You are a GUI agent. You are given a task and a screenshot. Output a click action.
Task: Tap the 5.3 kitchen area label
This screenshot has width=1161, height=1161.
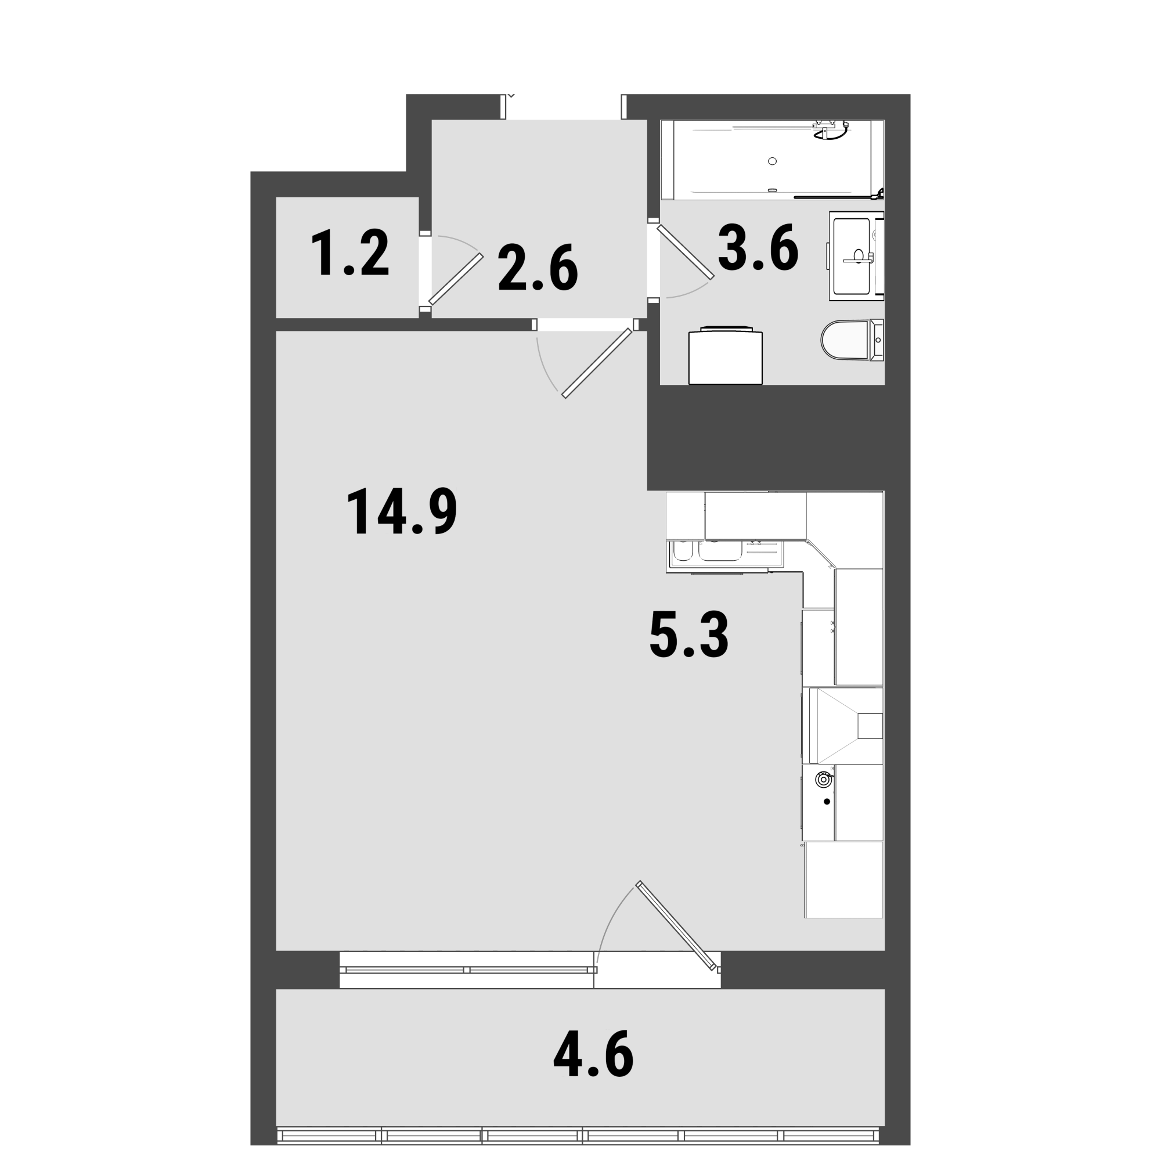689,634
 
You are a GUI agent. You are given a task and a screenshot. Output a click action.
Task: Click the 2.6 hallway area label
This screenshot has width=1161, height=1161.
538,268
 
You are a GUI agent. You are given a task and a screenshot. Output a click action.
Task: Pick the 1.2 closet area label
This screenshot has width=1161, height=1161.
351,254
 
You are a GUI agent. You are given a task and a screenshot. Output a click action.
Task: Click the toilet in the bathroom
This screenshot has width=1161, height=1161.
852,340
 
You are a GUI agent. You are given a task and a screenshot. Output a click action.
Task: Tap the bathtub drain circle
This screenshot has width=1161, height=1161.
772,161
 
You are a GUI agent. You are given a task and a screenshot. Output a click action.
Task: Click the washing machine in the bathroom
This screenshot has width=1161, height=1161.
725,356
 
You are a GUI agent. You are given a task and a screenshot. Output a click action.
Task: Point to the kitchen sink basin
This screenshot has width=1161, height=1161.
718,551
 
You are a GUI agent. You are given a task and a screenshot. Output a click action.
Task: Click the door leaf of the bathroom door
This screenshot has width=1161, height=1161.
686,253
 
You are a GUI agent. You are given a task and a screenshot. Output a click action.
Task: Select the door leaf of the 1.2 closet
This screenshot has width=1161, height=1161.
456,279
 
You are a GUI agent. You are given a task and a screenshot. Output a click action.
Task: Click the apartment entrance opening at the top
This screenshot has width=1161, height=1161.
564,107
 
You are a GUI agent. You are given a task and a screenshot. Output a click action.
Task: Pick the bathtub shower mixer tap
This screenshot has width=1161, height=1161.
831,131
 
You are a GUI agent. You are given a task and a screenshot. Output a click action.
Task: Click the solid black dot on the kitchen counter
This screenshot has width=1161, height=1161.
827,801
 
